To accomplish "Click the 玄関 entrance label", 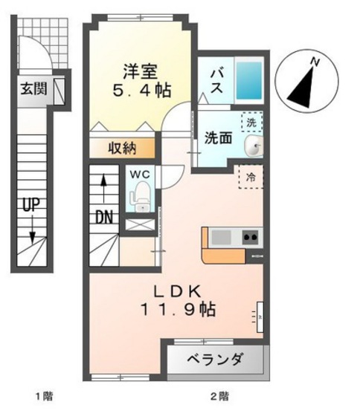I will click(33, 90).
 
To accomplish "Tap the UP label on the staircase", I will click(30, 206).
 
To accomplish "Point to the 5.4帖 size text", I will click(141, 91).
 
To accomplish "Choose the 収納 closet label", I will click(123, 147).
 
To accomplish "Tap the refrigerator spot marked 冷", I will click(251, 177).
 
